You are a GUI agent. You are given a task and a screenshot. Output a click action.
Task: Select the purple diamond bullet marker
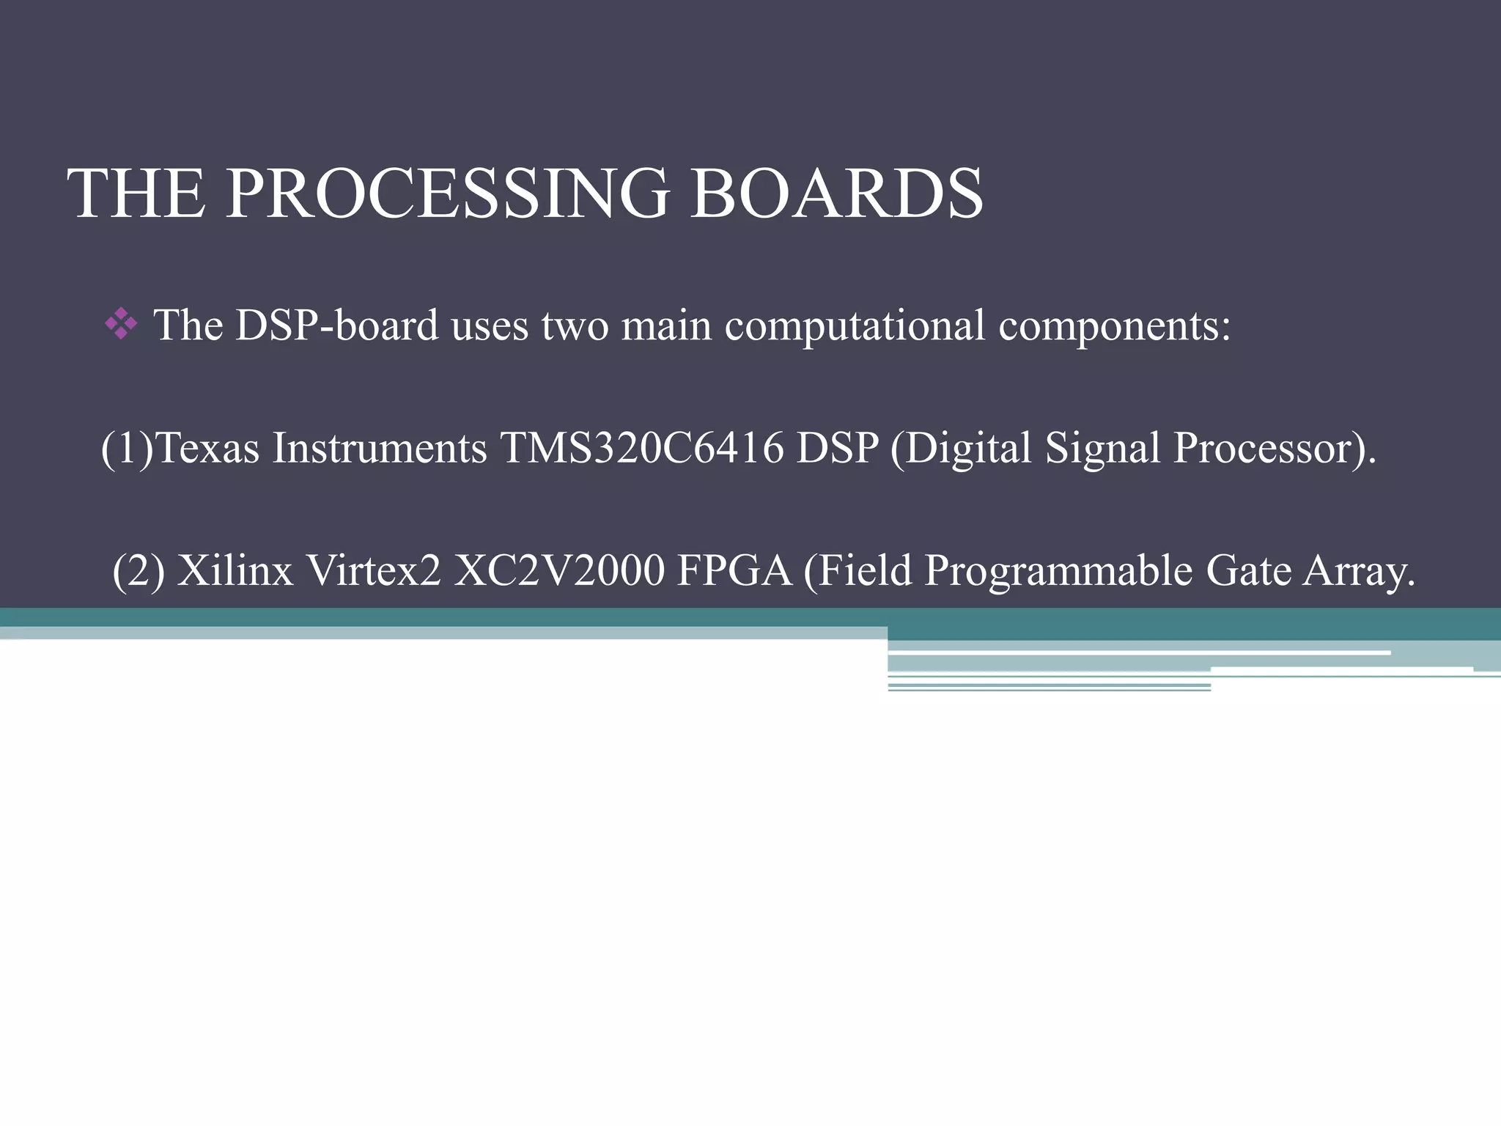point(121,325)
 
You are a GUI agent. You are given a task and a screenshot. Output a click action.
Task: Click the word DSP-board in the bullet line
point(337,325)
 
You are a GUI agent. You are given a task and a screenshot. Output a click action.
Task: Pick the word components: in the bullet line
point(1114,326)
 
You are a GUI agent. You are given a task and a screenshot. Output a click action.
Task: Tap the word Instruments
point(380,448)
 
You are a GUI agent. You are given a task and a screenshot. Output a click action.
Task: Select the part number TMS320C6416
point(641,448)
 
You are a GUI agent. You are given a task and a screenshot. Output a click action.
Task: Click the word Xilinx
point(235,570)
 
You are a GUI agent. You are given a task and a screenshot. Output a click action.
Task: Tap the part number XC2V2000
point(559,570)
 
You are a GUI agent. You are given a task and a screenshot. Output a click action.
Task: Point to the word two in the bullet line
point(575,325)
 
